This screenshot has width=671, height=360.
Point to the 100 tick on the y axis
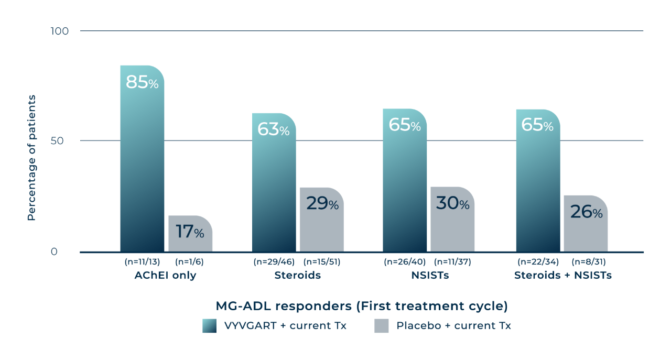tap(59, 31)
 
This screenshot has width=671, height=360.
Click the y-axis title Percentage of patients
tap(31, 158)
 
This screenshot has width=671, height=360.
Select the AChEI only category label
tap(165, 276)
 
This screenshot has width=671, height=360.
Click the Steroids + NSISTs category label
tap(562, 276)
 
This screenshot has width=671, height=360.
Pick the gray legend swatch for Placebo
tap(382, 326)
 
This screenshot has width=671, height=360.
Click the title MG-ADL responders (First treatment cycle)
tap(361, 306)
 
